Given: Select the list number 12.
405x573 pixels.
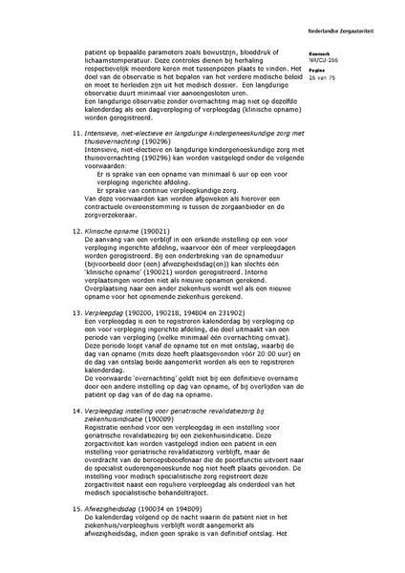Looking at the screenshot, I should (x=76, y=231).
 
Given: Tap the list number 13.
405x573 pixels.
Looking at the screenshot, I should (x=76, y=311).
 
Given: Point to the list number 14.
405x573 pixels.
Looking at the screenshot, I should (x=76, y=409).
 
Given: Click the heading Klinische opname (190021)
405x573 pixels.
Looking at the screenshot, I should (x=123, y=231).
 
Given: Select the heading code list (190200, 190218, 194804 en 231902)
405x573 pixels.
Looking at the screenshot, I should (x=182, y=311).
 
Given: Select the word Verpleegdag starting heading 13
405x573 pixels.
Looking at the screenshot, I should (x=103, y=311).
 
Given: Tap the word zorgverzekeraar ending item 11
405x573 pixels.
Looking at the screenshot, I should (x=114, y=215).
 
